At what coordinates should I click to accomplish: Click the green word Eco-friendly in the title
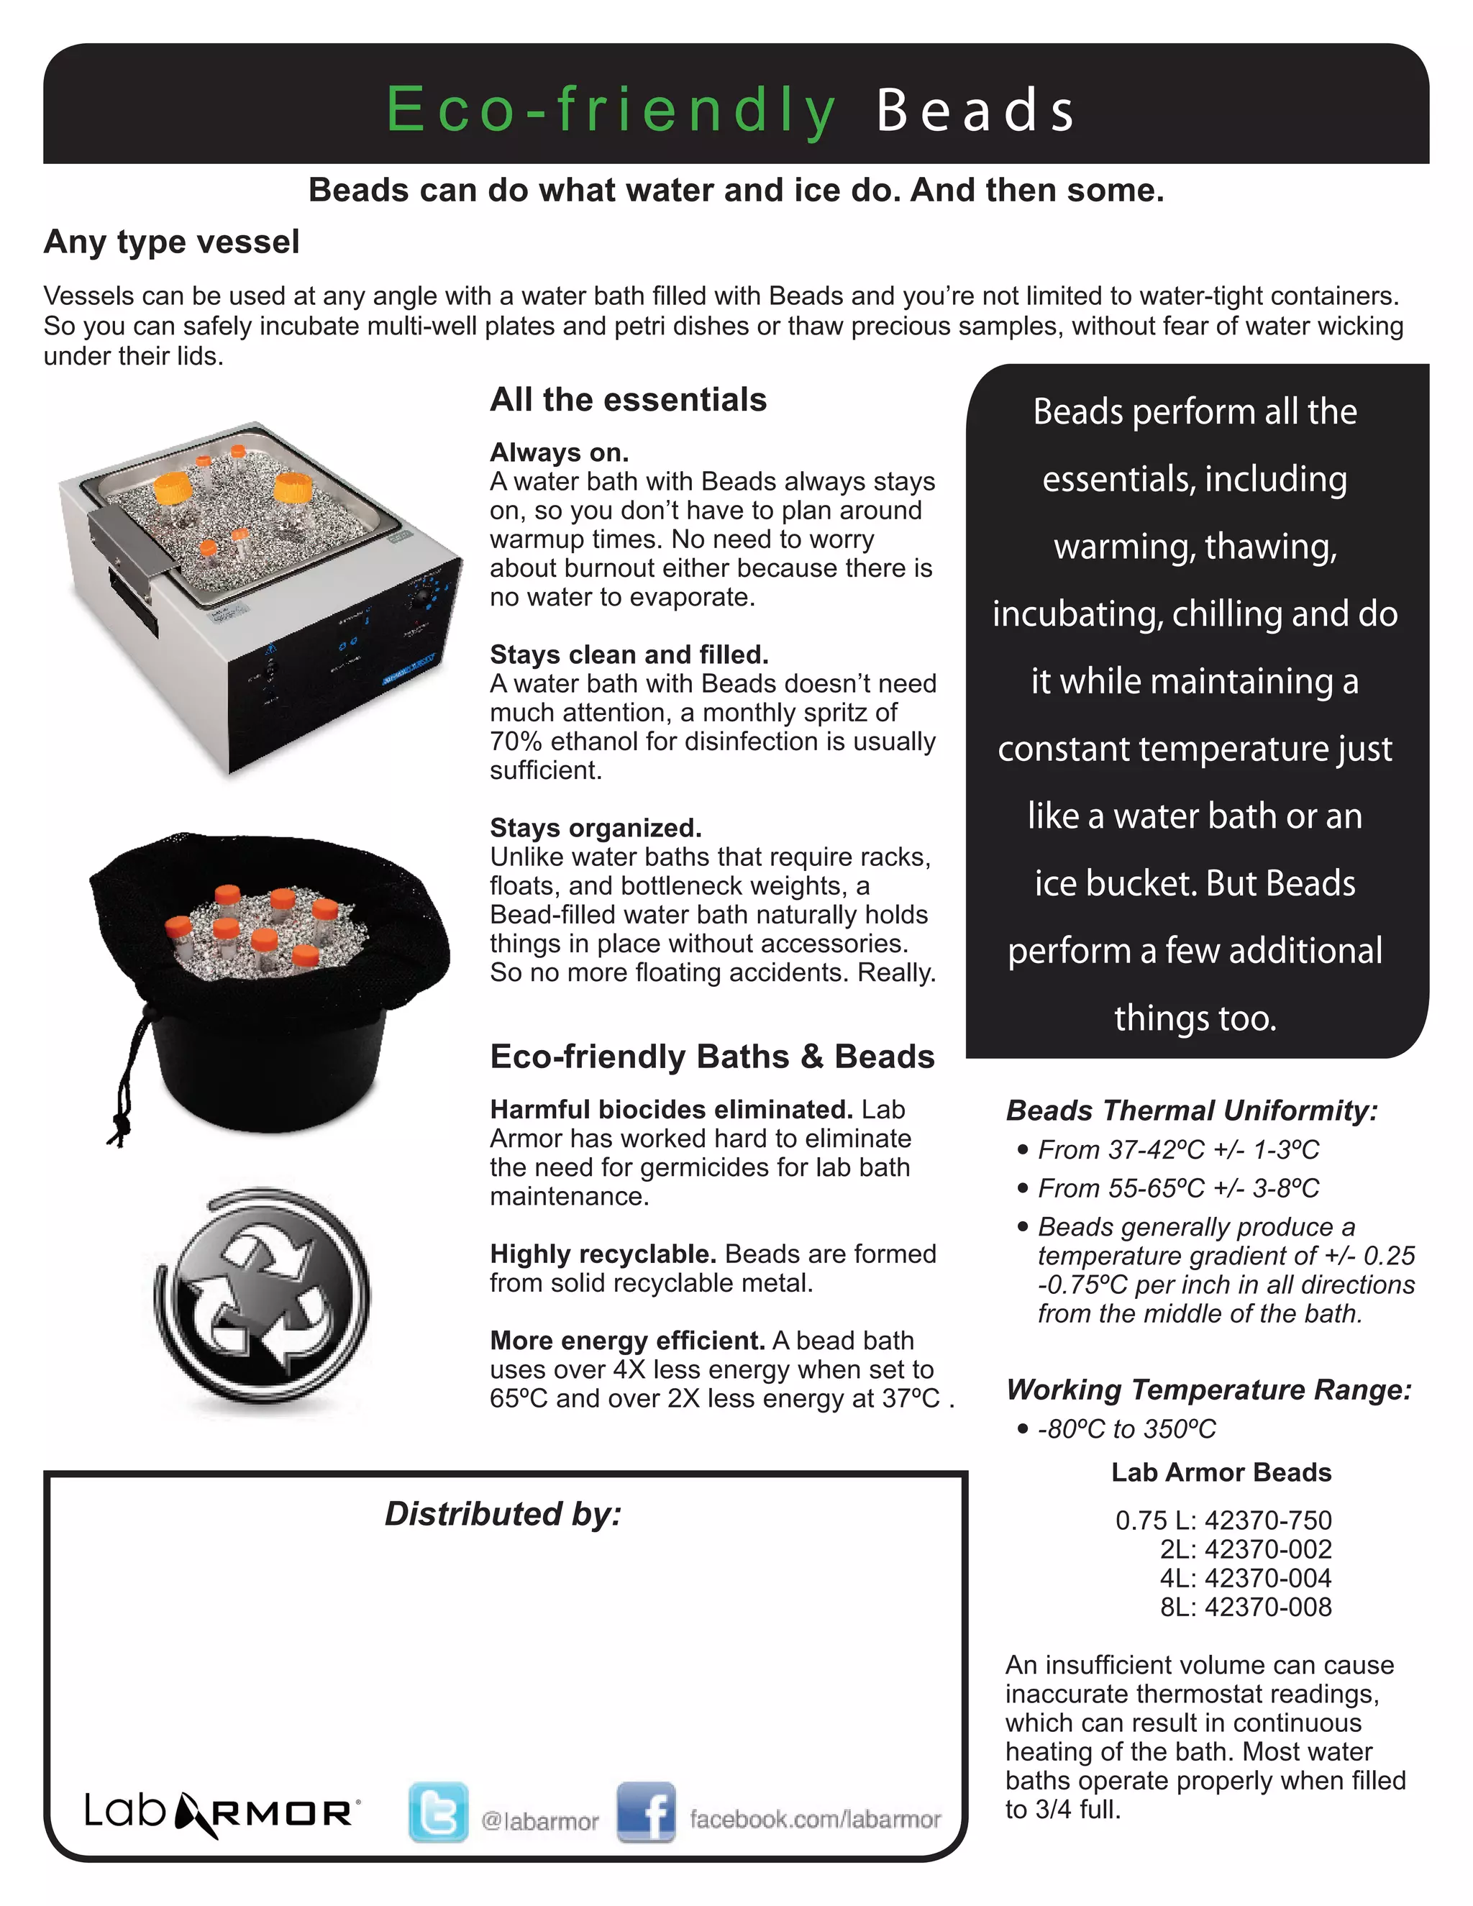(x=611, y=111)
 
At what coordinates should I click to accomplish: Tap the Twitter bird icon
(x=438, y=1812)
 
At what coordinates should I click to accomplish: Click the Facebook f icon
(x=646, y=1812)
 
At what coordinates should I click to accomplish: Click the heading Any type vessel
(x=172, y=242)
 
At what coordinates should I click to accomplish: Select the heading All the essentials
(x=629, y=400)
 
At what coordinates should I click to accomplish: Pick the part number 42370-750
(x=1268, y=1520)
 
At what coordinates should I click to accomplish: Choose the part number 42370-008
(x=1268, y=1607)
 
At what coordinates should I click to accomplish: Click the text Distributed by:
(x=503, y=1514)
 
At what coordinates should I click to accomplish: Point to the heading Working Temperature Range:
(x=1208, y=1390)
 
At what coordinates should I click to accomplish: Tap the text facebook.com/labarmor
(x=815, y=1820)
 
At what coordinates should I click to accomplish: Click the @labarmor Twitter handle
(x=540, y=1821)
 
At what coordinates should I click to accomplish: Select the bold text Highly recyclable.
(x=603, y=1254)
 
